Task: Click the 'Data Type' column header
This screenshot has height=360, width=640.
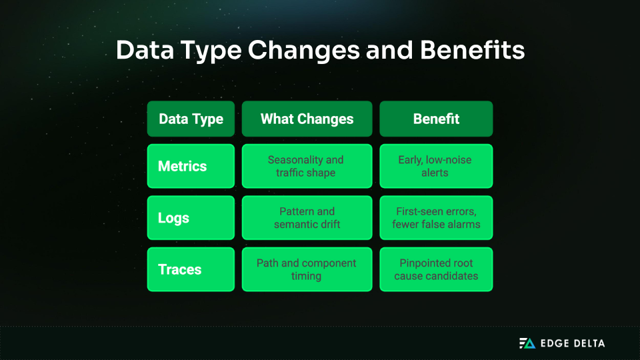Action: point(191,119)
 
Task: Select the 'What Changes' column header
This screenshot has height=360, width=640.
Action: point(307,119)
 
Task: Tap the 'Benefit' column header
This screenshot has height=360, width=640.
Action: point(436,119)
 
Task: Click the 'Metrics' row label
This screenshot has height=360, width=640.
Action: point(191,166)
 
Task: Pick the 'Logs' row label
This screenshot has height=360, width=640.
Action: point(191,218)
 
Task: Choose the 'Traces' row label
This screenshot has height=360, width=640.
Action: point(191,269)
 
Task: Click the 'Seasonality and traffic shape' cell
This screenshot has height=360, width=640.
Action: point(307,166)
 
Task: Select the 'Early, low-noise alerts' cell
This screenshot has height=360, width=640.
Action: point(436,166)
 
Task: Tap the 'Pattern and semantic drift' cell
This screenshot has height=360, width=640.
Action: point(307,218)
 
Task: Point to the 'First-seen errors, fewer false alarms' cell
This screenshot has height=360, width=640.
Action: point(436,218)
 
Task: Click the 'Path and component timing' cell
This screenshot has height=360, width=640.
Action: point(307,269)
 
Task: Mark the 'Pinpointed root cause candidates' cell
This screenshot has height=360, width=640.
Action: point(436,269)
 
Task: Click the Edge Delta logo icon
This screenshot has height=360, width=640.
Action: point(527,343)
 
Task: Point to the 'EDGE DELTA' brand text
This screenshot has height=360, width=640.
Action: point(573,343)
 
